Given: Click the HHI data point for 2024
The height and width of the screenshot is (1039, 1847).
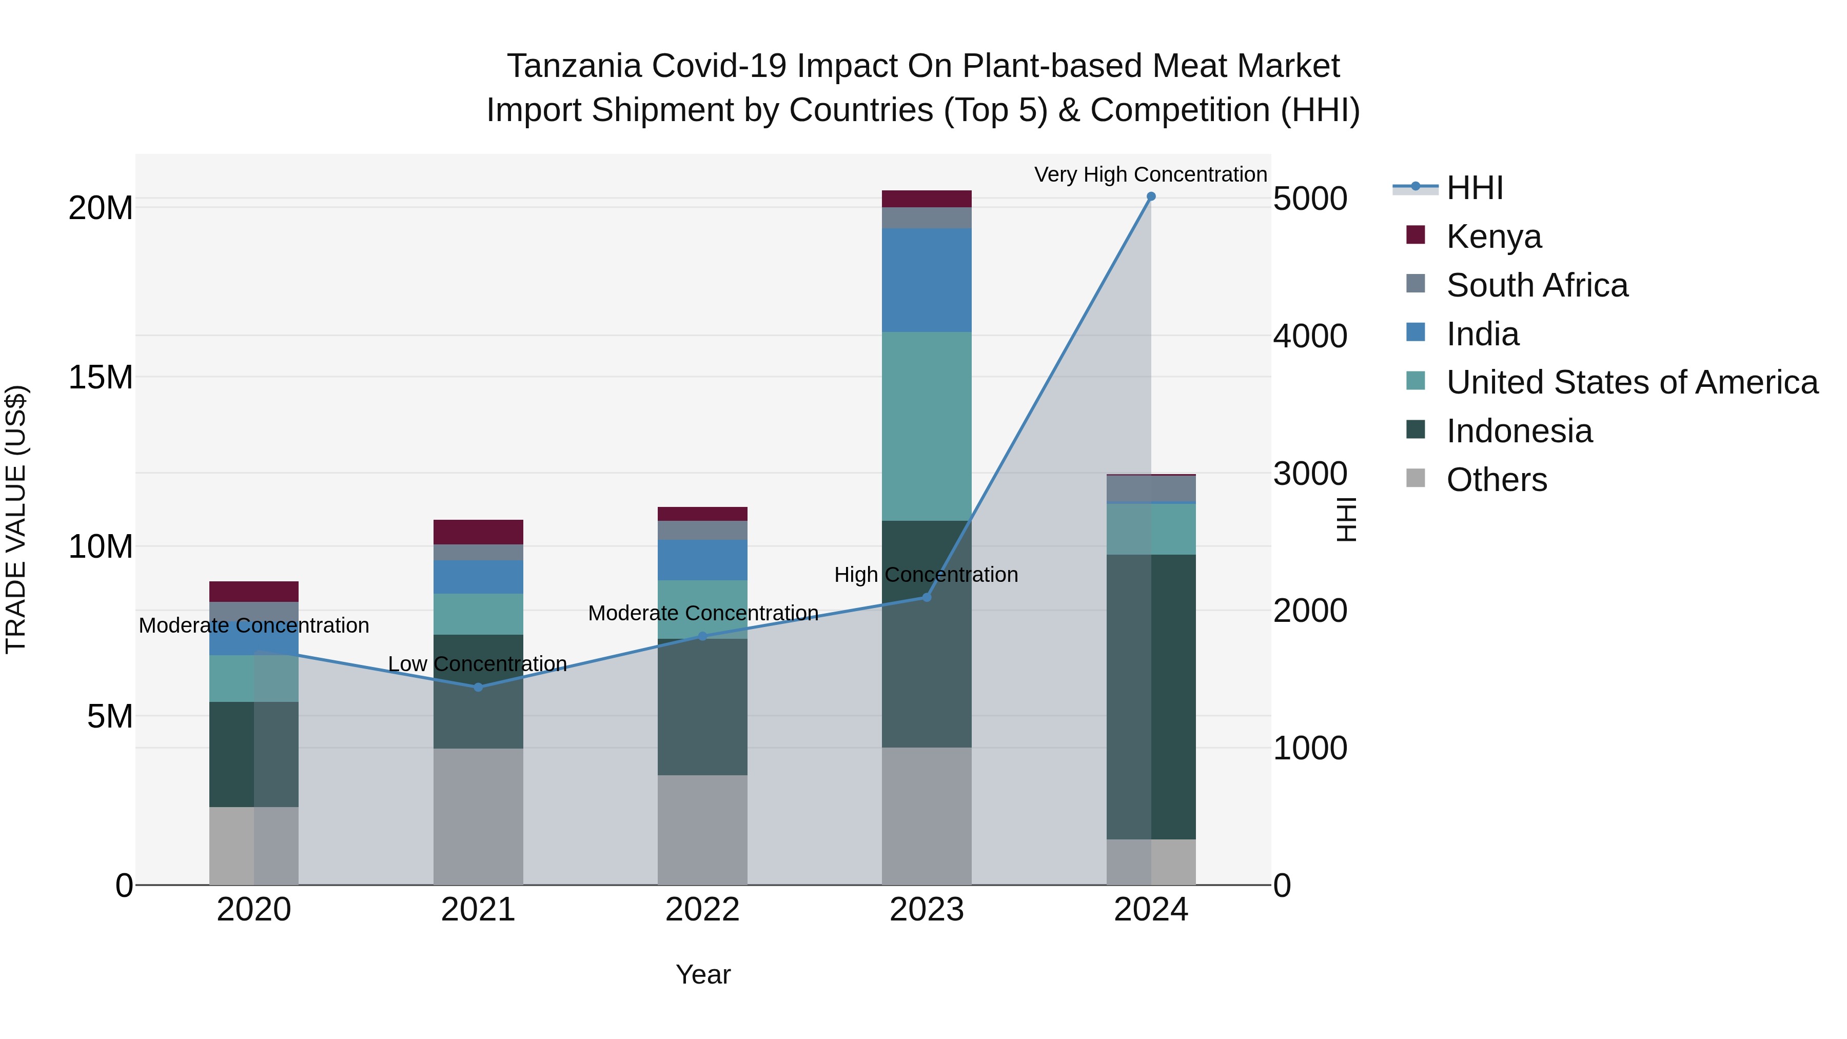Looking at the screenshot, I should (1151, 197).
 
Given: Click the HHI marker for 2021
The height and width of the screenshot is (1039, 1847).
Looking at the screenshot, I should (478, 687).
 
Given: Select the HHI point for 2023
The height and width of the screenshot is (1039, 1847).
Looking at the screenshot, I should (927, 597).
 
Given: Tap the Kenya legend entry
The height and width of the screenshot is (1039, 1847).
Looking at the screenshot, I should (1493, 237).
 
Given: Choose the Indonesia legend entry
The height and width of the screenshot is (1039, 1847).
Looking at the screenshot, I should (1519, 431).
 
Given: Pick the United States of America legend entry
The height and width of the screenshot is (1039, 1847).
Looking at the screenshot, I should (1631, 382).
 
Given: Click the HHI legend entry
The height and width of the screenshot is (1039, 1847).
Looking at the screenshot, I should (1474, 188).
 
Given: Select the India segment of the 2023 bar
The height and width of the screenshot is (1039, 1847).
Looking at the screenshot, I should (927, 280).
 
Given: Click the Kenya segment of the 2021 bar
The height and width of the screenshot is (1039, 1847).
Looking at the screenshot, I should (478, 532).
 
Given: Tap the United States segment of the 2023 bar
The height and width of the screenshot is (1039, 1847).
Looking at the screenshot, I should (927, 426).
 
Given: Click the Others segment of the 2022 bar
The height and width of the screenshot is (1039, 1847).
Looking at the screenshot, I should (702, 830).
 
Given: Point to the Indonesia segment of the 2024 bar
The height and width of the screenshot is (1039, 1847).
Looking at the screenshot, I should (1151, 696).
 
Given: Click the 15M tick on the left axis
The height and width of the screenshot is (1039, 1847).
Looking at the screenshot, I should (101, 377).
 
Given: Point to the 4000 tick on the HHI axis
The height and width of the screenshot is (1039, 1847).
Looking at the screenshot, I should (1310, 336).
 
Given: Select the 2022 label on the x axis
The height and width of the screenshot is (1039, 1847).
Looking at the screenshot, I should (702, 910).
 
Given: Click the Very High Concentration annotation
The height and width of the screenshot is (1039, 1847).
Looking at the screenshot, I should (1150, 174).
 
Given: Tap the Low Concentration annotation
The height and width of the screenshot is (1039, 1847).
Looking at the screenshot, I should (478, 664).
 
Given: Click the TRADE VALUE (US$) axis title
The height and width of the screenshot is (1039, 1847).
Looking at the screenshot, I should (16, 519).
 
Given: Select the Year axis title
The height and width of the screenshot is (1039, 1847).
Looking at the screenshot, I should (703, 974).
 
